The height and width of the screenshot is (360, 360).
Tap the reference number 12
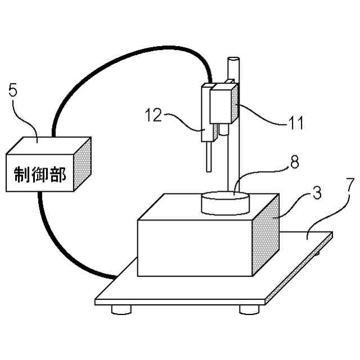(x=153, y=115)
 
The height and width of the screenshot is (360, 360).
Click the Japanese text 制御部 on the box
(x=40, y=175)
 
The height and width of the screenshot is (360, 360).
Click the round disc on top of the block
(x=225, y=202)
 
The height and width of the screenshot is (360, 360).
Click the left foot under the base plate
(x=122, y=309)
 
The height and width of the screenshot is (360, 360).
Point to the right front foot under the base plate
(x=247, y=309)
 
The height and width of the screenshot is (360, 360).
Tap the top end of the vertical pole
(x=234, y=59)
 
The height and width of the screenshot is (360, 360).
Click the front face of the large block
(x=194, y=247)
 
